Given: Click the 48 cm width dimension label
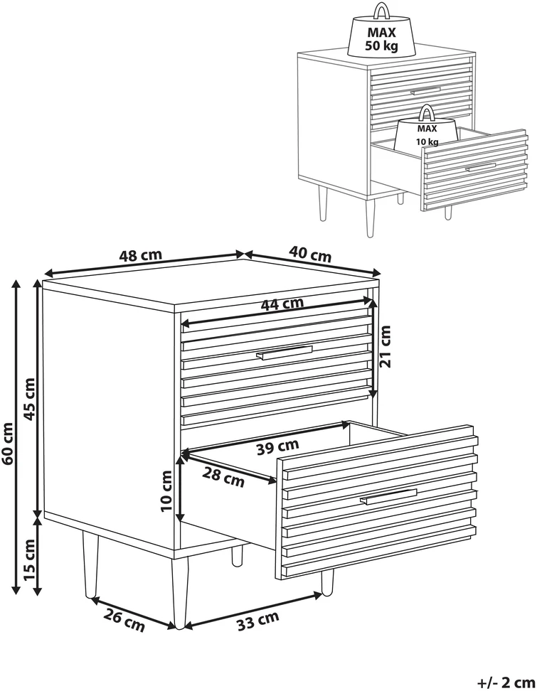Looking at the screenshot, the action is (x=141, y=255).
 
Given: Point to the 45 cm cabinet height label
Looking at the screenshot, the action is (x=29, y=399).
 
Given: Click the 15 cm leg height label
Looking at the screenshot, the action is (x=29, y=559).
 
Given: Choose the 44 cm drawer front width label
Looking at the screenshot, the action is (x=282, y=304).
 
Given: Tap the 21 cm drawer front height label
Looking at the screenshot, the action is (x=385, y=346).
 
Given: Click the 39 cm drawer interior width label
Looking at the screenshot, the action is (x=278, y=447).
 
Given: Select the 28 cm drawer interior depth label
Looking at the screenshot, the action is (x=223, y=477).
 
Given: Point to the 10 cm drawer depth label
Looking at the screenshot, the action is (x=166, y=491).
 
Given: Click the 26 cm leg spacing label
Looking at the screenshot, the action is (x=124, y=621).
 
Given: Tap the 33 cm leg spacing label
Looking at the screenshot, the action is (x=258, y=621).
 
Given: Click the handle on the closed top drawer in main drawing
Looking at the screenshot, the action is (x=284, y=353).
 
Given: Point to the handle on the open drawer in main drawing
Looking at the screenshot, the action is (x=388, y=496).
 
